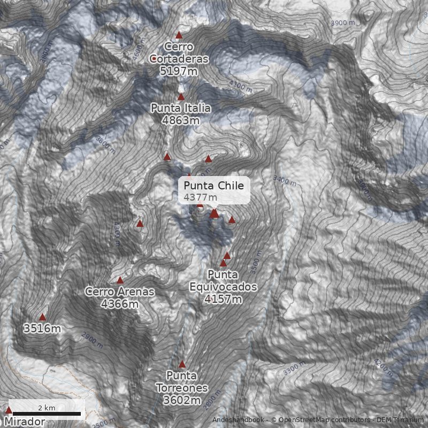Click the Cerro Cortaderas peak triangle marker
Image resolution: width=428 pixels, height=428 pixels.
(179, 35)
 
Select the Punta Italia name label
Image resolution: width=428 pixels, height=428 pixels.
(180, 108)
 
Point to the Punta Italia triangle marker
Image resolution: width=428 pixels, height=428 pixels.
(181, 97)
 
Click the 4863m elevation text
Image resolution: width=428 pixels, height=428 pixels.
(180, 120)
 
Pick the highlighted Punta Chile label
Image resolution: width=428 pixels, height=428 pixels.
(213, 186)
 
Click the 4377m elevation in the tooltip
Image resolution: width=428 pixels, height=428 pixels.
(197, 197)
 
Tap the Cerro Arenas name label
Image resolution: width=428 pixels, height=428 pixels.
(119, 292)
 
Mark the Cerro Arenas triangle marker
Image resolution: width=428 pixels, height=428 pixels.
(120, 280)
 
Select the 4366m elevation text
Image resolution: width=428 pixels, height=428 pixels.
(119, 304)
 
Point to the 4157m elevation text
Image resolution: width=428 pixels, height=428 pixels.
(223, 299)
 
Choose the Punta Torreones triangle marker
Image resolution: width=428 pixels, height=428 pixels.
(182, 364)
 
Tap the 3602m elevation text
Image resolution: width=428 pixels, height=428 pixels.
(182, 400)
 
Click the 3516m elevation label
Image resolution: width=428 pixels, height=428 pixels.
(42, 328)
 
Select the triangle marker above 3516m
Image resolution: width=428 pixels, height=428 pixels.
(42, 317)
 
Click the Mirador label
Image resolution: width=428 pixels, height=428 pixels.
(25, 422)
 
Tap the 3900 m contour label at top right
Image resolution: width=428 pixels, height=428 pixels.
(343, 23)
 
